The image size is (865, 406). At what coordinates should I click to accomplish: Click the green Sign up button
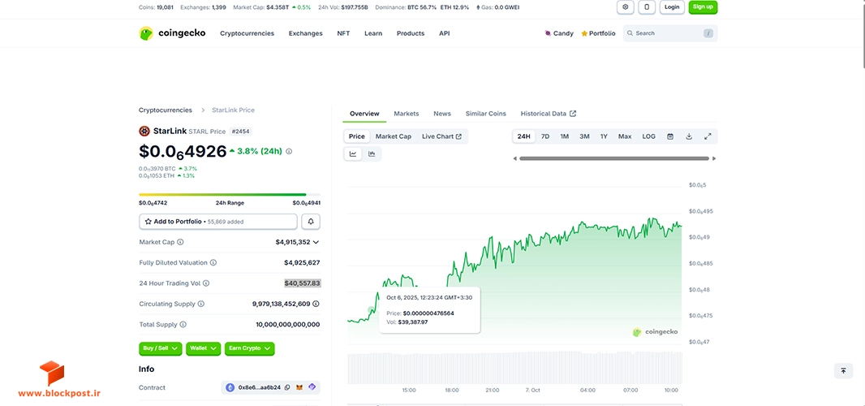703,7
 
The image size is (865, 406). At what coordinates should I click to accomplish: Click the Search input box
670,33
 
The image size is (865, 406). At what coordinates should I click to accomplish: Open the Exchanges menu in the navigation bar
306,33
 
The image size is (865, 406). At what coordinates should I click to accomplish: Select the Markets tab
406,113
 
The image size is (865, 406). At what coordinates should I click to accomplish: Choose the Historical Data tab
549,113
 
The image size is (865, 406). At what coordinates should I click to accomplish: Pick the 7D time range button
545,136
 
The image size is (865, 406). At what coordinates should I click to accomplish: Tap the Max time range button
625,136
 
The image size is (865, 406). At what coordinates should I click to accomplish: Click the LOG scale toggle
649,136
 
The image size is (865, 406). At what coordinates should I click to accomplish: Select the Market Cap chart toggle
394,136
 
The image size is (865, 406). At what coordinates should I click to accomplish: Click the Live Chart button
441,136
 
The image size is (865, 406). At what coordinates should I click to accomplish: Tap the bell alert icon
311,222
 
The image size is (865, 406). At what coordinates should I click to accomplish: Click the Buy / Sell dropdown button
160,348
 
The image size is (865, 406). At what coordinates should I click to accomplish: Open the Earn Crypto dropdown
249,348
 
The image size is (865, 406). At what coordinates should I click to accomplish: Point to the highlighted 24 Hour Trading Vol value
303,283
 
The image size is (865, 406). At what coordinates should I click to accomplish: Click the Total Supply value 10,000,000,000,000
287,325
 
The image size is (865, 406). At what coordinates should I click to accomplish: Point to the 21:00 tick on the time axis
492,390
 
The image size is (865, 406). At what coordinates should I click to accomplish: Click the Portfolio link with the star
599,33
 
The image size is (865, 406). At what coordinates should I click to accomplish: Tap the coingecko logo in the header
172,33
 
